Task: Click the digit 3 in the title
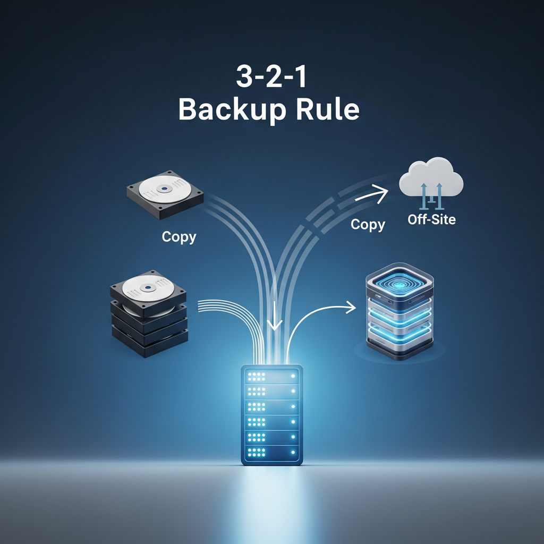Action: (x=244, y=76)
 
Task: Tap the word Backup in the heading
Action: (x=232, y=109)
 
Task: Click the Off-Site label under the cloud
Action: (x=431, y=219)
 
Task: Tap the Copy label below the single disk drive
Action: (x=179, y=237)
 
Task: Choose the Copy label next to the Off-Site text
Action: (x=368, y=225)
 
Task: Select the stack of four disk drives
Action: (x=149, y=313)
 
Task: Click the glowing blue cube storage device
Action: (x=399, y=311)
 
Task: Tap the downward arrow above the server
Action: (x=275, y=316)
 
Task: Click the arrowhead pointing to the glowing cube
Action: (x=351, y=307)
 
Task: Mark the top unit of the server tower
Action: (x=272, y=376)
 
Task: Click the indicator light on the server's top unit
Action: (x=293, y=376)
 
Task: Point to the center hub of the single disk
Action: (x=165, y=189)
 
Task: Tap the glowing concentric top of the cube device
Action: (x=399, y=285)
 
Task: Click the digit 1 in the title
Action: (x=301, y=76)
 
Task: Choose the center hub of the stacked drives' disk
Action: (x=149, y=287)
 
